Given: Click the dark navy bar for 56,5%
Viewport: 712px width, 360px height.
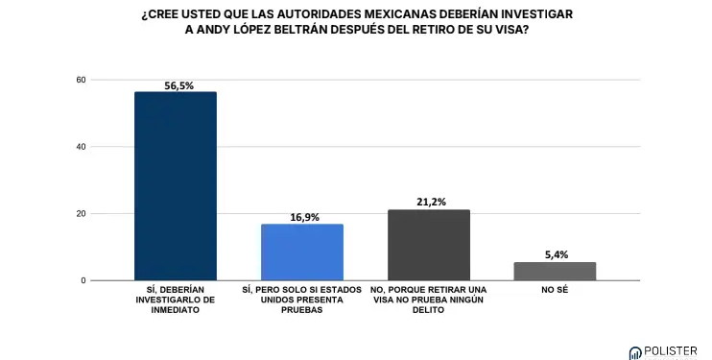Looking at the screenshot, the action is tap(176, 186).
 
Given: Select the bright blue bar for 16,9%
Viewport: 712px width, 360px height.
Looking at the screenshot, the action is tap(302, 252).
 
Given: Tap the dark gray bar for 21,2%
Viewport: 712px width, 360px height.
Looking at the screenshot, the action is tap(429, 245).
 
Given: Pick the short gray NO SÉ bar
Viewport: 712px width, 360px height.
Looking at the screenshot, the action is tap(555, 272).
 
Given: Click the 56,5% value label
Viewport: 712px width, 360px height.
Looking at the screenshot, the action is tap(178, 85).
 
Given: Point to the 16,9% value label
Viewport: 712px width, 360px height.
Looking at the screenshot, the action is tap(305, 218).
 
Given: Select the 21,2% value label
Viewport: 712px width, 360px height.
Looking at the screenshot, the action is tap(432, 202).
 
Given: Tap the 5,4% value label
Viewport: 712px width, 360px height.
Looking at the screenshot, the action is tap(557, 255).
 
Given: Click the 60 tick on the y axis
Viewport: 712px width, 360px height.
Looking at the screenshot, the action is tap(81, 80).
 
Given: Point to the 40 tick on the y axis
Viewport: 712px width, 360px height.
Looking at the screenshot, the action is tap(81, 147).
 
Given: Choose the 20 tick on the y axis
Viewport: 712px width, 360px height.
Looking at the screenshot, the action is tap(81, 214).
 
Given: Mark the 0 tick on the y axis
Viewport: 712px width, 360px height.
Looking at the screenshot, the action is tap(83, 281).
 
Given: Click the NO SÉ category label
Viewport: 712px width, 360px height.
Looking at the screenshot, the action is tap(555, 290).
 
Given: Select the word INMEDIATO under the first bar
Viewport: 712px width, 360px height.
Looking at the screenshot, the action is tap(176, 310).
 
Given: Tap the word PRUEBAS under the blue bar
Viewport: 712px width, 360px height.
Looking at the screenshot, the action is tap(302, 310).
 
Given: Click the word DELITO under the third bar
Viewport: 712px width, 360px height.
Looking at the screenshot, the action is tap(429, 310).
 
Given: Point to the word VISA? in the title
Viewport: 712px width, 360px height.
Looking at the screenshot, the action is tap(512, 31).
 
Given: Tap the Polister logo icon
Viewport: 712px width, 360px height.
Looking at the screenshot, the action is tap(635, 353).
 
